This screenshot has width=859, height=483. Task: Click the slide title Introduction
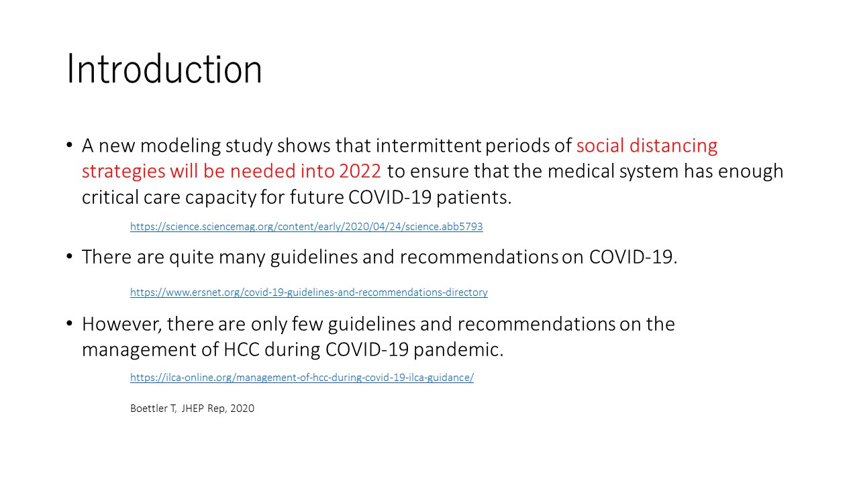[x=164, y=69]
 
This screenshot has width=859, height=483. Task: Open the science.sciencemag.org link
[x=307, y=227]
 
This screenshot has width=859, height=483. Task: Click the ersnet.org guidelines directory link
[x=309, y=292]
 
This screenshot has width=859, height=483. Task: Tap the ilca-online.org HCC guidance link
[x=302, y=378]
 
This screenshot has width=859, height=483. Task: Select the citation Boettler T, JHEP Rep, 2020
[x=192, y=409]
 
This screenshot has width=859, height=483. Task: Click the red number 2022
[x=360, y=171]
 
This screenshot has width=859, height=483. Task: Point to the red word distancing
[x=673, y=146]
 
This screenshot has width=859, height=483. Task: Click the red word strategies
[x=123, y=172]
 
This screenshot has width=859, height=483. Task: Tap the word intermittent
[x=428, y=146]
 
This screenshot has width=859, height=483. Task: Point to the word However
[x=121, y=324]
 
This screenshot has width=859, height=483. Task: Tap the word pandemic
[x=458, y=350]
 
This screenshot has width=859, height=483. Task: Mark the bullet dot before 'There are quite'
[x=69, y=256]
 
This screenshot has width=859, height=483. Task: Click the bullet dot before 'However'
[x=69, y=323]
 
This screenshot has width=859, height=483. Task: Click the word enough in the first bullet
[x=750, y=172]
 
